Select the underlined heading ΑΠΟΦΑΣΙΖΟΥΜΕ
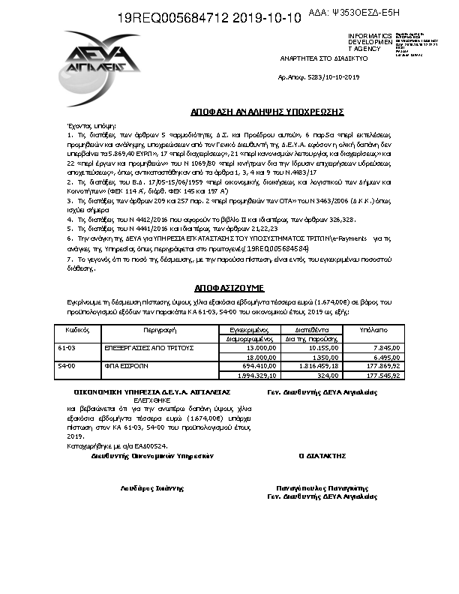[229, 287]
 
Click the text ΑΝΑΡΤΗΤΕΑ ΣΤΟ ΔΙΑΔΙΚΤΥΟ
[313, 58]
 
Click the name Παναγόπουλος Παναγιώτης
[322, 487]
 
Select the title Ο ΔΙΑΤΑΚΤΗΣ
[322, 455]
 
